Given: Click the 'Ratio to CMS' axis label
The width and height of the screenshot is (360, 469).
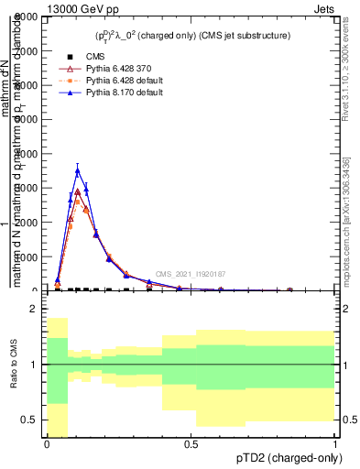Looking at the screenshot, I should (12, 365).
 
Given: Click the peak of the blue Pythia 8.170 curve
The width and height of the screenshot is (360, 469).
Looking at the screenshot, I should (78, 170).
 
